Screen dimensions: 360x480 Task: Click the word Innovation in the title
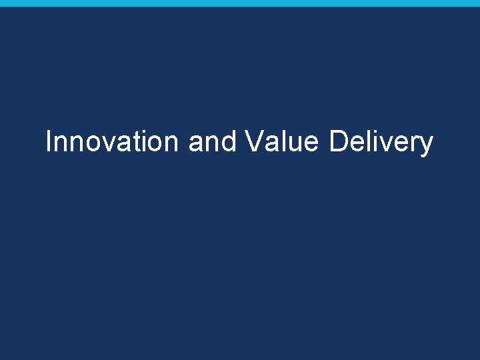pos(112,141)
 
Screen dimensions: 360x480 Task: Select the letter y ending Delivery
pos(426,145)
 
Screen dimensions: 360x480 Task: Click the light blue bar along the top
pos(240,3)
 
